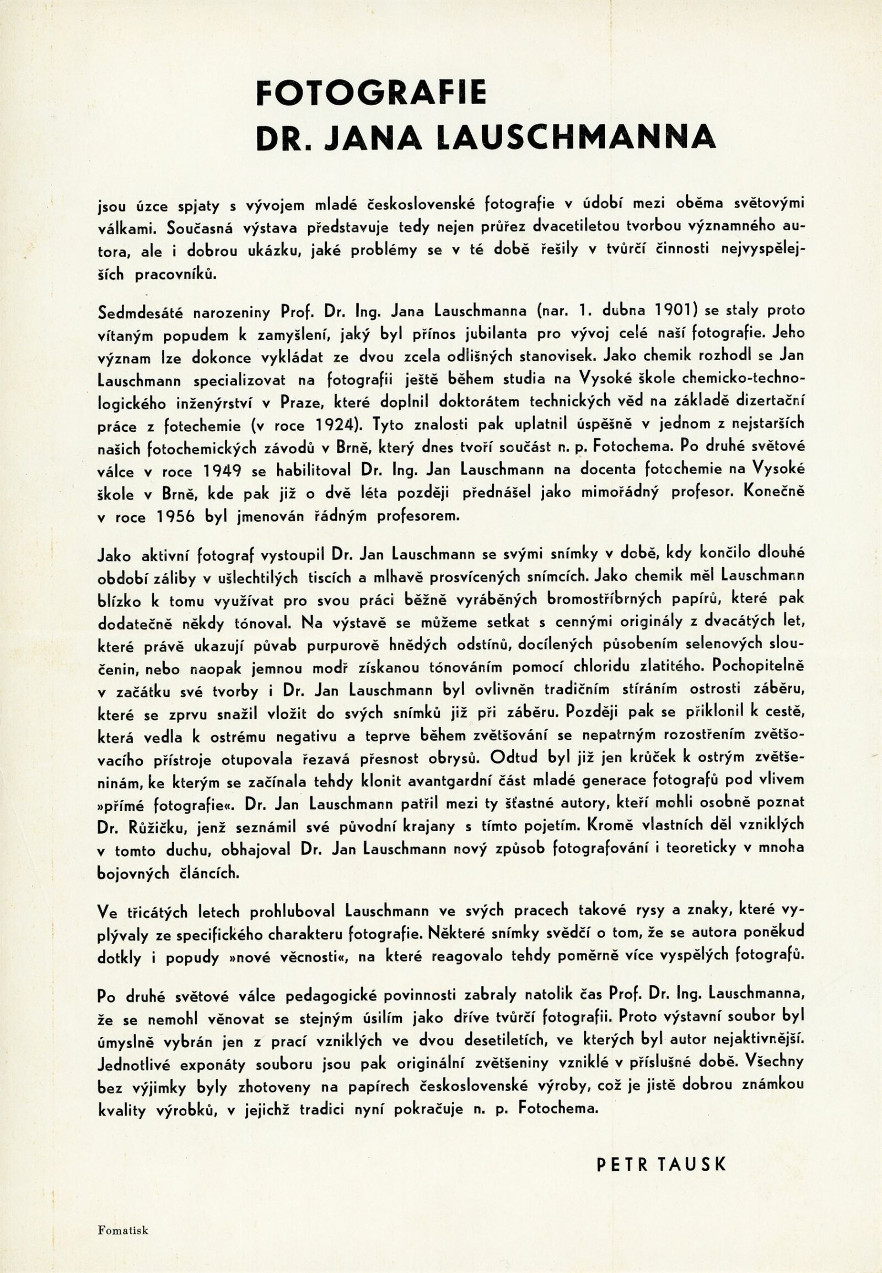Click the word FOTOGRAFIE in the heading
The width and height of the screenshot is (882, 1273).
click(371, 92)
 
